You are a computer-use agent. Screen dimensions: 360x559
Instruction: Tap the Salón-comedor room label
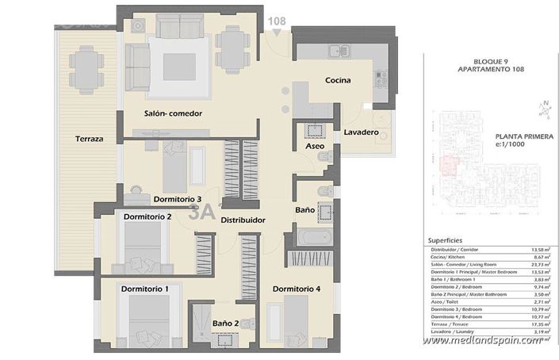173,113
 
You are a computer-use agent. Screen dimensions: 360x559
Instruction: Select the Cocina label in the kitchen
338,81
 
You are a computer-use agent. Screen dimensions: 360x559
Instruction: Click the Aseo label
315,146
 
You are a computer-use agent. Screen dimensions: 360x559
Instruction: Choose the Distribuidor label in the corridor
243,220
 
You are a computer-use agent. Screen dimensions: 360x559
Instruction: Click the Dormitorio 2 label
147,216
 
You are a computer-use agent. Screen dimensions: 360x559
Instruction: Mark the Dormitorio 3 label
178,199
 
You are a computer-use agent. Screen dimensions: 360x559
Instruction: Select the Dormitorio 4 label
297,289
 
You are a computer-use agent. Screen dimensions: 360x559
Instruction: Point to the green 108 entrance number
277,21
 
